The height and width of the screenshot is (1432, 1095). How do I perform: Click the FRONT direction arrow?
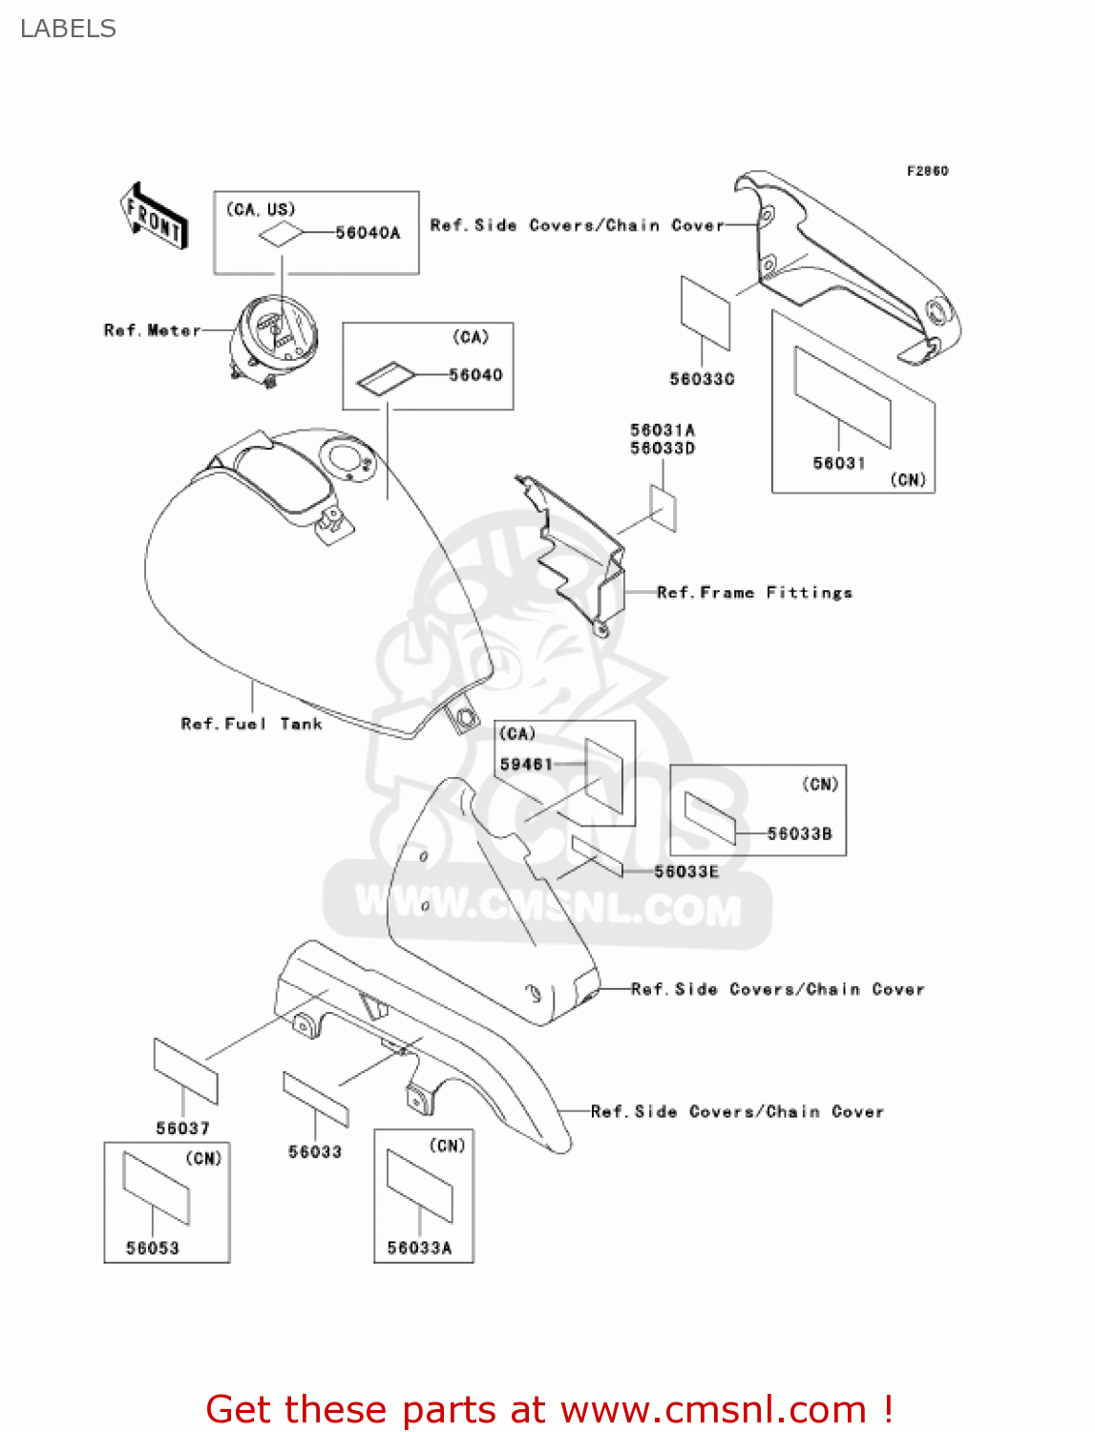click(153, 217)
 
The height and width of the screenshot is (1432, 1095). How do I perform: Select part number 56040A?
click(368, 233)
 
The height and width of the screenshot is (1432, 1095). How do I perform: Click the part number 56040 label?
click(475, 375)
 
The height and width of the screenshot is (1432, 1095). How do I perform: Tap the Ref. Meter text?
click(152, 330)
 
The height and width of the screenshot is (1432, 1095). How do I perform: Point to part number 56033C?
click(702, 379)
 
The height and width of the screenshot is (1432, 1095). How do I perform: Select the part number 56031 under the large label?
click(838, 463)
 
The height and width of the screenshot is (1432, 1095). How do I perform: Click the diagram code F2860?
click(927, 171)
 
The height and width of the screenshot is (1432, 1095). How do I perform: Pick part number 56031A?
click(662, 431)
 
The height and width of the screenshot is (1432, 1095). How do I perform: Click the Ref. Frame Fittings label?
click(754, 593)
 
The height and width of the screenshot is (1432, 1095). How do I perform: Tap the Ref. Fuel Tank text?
click(251, 724)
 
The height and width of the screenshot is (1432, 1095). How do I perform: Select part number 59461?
click(526, 764)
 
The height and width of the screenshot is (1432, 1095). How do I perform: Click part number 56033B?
click(799, 833)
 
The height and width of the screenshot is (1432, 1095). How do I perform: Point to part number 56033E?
click(686, 872)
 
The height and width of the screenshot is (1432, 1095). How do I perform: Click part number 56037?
click(182, 1128)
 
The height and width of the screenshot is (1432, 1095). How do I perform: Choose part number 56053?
click(153, 1248)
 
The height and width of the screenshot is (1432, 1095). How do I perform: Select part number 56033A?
click(419, 1248)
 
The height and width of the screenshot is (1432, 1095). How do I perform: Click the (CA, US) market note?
click(261, 209)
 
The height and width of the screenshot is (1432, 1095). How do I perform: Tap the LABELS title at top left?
click(68, 29)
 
